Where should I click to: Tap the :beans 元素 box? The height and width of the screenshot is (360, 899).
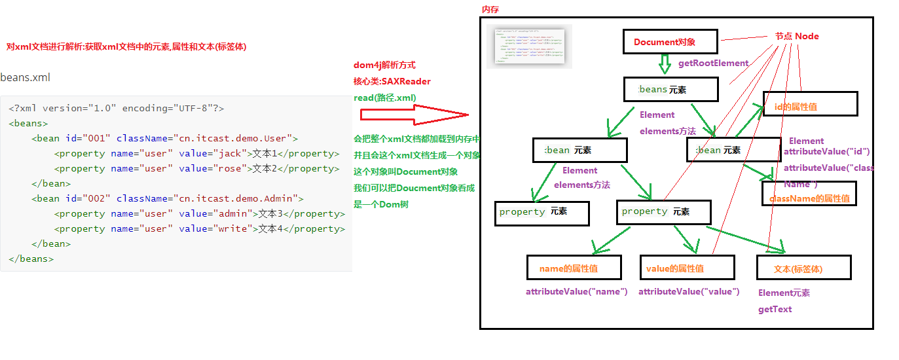point(671,90)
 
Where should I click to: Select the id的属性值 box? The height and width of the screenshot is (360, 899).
point(810,104)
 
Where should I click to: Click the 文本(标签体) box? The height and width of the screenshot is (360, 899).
point(803,268)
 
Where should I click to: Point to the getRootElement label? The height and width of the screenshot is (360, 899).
point(713,63)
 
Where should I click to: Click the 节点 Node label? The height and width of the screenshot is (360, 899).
point(796,37)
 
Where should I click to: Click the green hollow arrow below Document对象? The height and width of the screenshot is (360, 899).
point(665,64)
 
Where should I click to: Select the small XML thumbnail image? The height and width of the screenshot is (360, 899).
point(529,46)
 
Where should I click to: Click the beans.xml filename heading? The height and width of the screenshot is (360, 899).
point(25,77)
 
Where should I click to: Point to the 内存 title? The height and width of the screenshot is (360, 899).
point(490,9)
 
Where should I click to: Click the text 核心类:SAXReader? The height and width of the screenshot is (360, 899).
point(392,81)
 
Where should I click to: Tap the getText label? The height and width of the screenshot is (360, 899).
point(775,309)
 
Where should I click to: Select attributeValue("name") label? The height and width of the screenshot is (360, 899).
point(576,291)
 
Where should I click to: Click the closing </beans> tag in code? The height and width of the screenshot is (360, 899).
point(31,259)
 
